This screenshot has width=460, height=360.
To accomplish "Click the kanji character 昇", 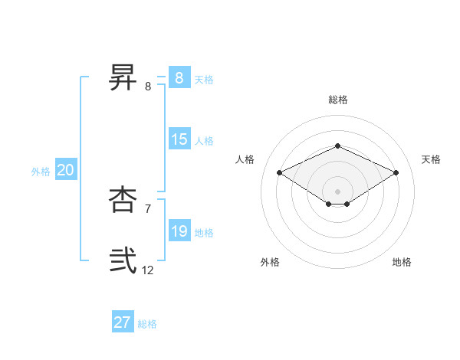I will pos(123,78).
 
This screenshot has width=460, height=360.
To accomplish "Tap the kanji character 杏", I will pos(123,201).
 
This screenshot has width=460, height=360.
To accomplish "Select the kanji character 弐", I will pos(123,261).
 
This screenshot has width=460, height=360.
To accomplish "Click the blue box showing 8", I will pos(179,78).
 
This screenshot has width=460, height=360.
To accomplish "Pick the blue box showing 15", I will pos(179,139).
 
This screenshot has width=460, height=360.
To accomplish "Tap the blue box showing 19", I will pos(179,231).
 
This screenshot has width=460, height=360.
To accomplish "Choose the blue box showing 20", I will pos(66,170).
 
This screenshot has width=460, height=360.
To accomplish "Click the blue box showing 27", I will pos(123,322).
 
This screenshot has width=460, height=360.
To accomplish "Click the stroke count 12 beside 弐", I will pos(148,270).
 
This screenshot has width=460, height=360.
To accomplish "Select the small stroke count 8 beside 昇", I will pos(148,86).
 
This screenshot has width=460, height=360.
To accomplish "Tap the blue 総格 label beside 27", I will pos(147,324).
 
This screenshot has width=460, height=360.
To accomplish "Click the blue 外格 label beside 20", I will pos(41,172).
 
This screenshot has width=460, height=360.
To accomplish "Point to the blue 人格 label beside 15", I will pos(204,141).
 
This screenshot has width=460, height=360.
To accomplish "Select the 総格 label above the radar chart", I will pos(338,100).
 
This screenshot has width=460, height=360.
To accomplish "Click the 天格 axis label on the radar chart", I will pos(431,159).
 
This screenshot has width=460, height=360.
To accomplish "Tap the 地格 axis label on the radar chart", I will pos(402,262).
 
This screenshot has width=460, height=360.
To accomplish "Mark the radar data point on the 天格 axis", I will pos(396,173).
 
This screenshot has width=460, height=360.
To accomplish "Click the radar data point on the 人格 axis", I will pos(280,173).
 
